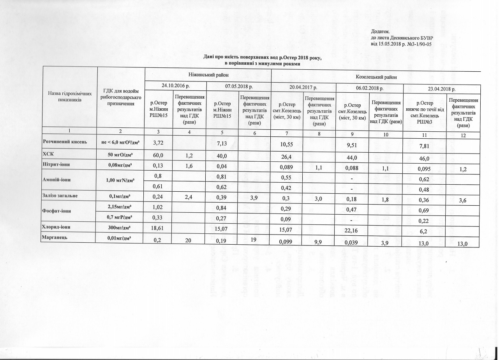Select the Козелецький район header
tap(376, 78)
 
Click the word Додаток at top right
tap(380, 31)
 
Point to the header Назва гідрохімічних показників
tap(70, 97)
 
